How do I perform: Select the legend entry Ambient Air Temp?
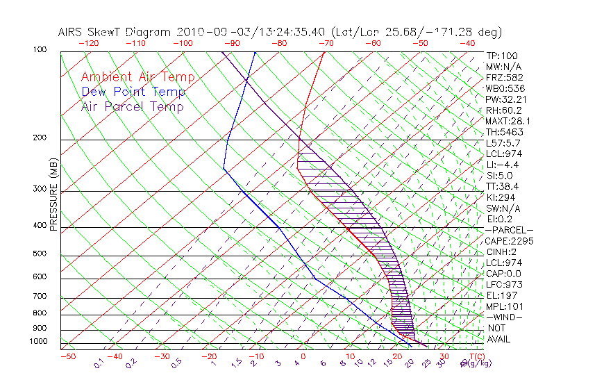tap(137, 78)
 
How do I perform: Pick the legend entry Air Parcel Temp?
tap(132, 107)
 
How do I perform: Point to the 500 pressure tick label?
tap(40, 255)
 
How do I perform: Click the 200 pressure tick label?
tap(40, 138)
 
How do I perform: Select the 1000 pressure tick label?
tap(39, 342)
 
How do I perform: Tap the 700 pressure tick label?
tap(40, 297)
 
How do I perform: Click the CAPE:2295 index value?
tap(508, 241)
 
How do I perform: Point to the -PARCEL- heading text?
tap(509, 230)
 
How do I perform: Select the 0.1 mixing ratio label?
tap(99, 363)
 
